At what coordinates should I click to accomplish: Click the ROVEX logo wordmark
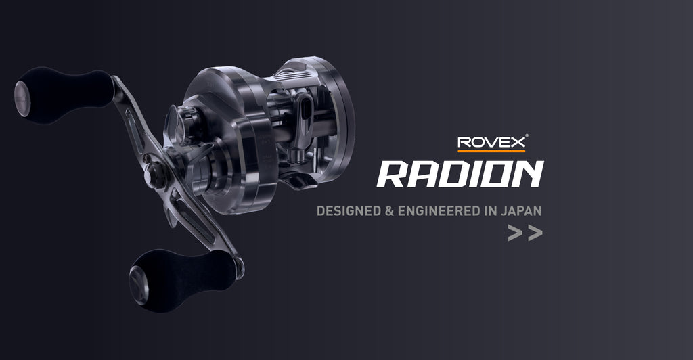(x=491, y=142)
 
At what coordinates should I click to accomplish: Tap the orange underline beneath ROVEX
(x=491, y=151)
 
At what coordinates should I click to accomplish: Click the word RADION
(x=460, y=174)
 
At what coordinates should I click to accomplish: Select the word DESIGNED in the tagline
(x=349, y=210)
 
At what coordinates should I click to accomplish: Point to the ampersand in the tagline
(x=389, y=210)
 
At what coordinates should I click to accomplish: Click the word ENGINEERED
(x=439, y=210)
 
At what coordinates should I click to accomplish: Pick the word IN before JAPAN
(x=491, y=210)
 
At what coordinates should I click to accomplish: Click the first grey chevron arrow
(x=515, y=233)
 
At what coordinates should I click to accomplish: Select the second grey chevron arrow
(x=535, y=233)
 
